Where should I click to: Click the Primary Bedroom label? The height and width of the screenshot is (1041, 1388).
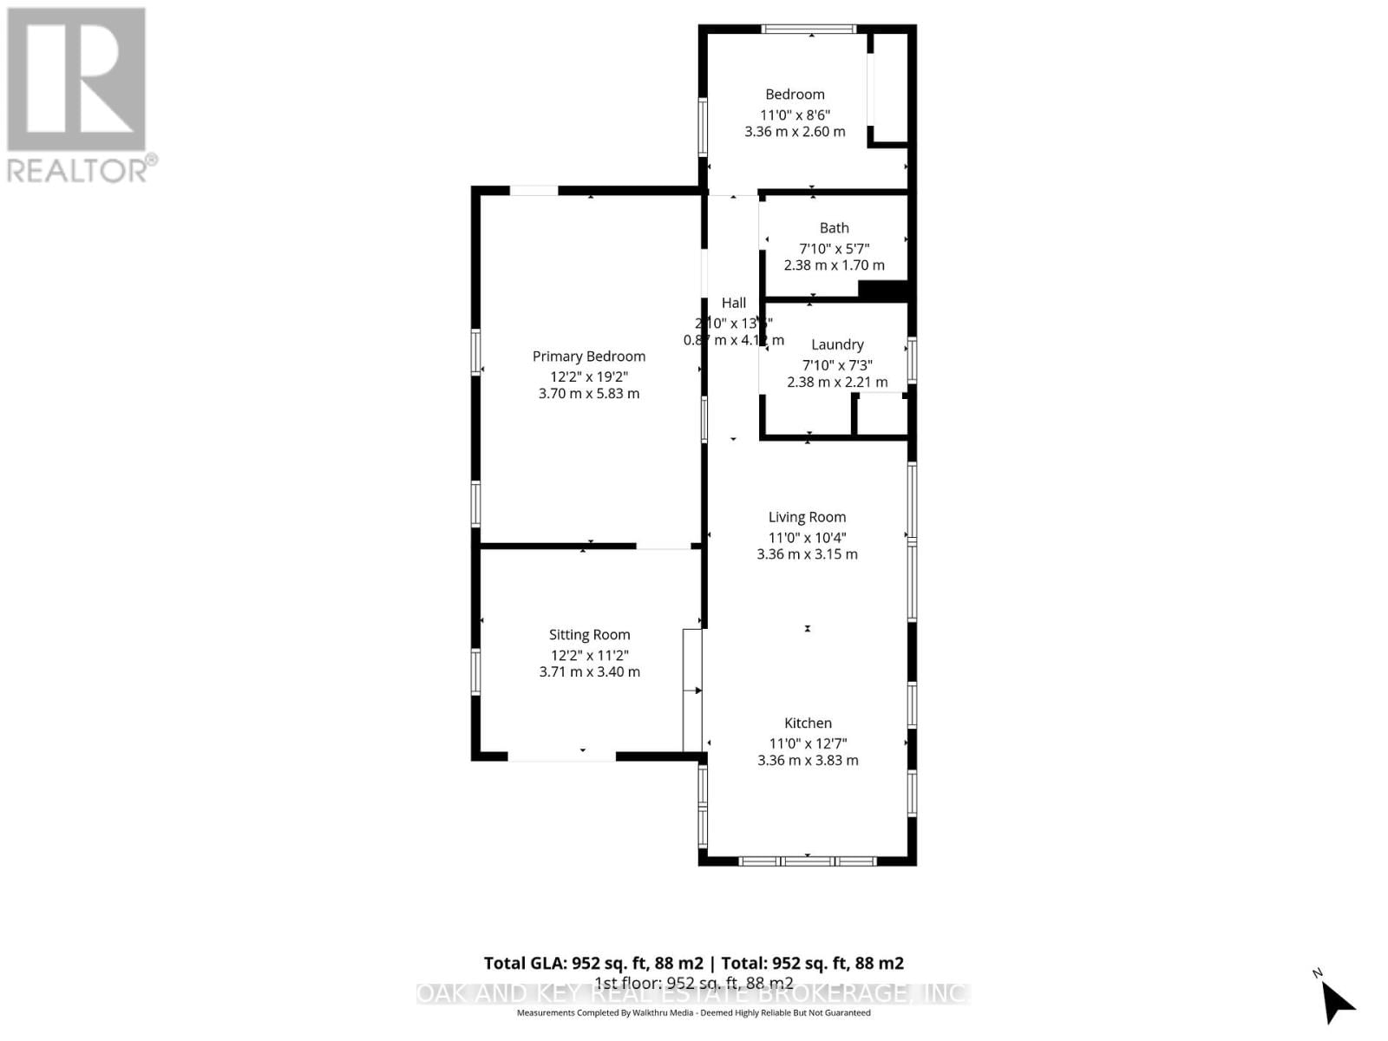[588, 357]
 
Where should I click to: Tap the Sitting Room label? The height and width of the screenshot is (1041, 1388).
[589, 635]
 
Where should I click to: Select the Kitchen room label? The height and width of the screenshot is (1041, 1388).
[808, 723]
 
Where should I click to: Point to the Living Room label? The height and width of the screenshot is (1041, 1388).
[807, 517]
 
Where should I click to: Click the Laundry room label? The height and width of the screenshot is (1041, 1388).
[837, 344]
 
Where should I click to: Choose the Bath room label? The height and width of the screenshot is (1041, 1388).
[834, 228]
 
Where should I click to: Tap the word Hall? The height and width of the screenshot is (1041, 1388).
[733, 303]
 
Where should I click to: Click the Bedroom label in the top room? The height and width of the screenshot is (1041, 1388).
[795, 95]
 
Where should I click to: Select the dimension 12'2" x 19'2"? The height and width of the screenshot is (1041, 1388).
[588, 376]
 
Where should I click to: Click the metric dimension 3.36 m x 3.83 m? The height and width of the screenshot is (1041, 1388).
[808, 760]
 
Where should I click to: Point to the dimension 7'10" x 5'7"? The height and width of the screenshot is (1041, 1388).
[834, 248]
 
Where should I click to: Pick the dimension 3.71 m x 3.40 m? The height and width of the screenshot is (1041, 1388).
[589, 671]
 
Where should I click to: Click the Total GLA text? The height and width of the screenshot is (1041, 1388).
[693, 963]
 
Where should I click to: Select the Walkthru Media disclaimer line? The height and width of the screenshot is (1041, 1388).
[693, 1012]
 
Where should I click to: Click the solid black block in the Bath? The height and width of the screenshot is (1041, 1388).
[882, 291]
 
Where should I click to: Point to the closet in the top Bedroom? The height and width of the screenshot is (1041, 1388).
[888, 87]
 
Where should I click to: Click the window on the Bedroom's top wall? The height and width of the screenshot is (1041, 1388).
[809, 29]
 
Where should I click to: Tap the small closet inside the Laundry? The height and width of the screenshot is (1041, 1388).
[881, 415]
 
